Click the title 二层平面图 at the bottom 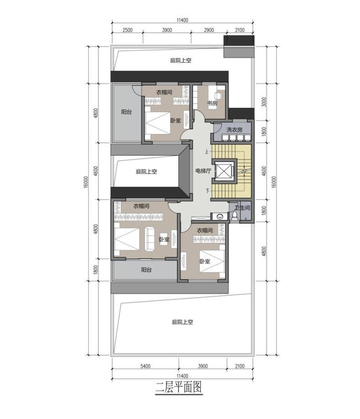coord(178,387)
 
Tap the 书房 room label coord(212,103)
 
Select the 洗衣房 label coord(234,130)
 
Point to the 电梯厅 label coord(203,171)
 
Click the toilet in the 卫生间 coord(234,215)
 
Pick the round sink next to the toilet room coord(220,216)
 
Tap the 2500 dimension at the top coord(127,30)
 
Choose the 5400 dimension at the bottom coord(145,366)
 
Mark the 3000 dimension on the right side coord(264,102)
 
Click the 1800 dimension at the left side coord(96,269)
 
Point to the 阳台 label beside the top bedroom coord(126,111)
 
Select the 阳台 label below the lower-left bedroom coord(146,269)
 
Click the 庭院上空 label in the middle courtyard coord(146,171)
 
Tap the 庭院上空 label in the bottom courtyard coord(182,321)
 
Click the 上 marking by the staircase coord(206,151)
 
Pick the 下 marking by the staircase coord(207,190)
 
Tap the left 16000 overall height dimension coord(86,182)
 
